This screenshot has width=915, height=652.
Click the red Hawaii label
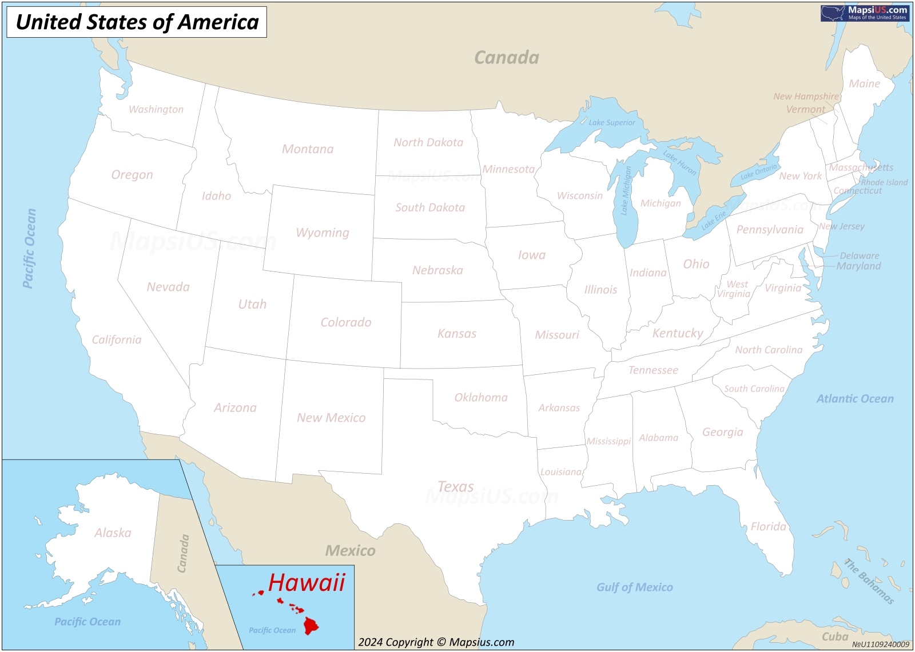point(307,582)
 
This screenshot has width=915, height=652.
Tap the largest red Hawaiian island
point(311,625)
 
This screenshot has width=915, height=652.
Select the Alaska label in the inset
point(113,533)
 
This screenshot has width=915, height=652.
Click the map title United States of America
point(137,22)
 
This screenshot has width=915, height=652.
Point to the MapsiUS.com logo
point(865,13)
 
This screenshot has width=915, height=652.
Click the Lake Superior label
point(612,122)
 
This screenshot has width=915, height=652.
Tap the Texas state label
point(455,486)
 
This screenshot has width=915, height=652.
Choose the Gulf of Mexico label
point(634,587)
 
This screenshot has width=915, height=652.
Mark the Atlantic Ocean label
point(854,399)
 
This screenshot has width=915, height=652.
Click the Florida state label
point(768,526)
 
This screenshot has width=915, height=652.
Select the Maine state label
point(864,83)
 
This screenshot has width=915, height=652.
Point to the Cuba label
point(834,636)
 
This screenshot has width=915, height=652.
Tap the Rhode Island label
point(884,182)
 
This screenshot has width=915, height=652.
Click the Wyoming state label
point(323,233)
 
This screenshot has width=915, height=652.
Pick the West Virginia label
point(735,289)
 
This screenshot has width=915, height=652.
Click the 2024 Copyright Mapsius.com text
point(436,642)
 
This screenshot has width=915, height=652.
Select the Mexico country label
point(350,550)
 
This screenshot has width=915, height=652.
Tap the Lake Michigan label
point(626,190)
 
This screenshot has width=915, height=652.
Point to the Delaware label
point(859,255)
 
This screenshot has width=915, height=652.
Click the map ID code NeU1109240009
point(880,645)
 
